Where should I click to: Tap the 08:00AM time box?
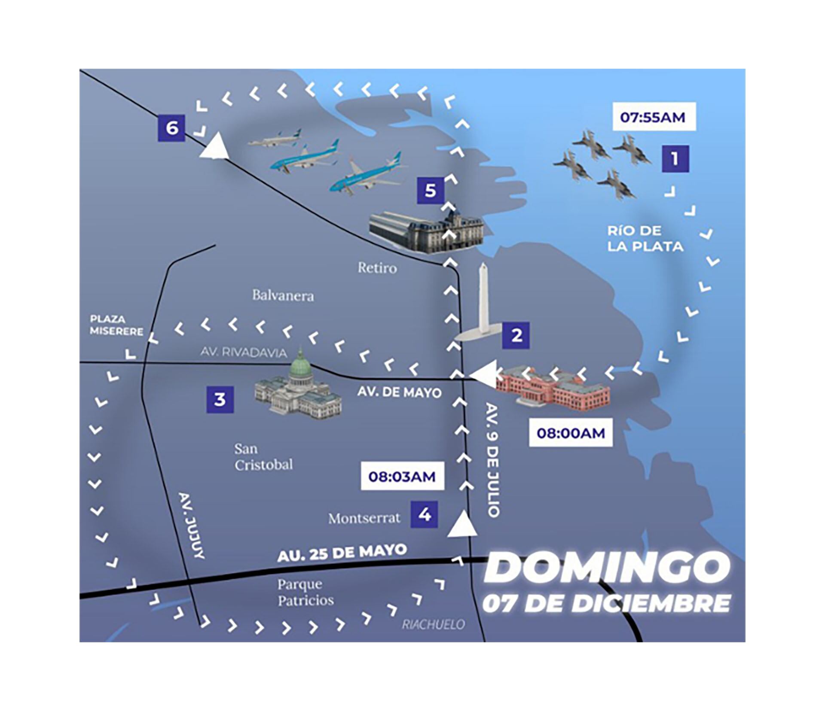[571, 433]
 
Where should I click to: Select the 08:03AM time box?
[402, 476]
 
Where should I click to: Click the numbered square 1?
[675, 159]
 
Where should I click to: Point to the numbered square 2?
[516, 335]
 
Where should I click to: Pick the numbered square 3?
[220, 399]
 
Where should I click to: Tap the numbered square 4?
[424, 514]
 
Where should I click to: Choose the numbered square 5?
[431, 190]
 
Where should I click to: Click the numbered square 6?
[171, 128]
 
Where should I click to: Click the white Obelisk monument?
[483, 301]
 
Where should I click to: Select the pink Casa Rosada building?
[554, 387]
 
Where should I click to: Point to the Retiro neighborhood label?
[377, 268]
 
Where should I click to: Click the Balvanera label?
[283, 295]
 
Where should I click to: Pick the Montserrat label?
[364, 519]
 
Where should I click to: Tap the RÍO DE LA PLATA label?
[645, 239]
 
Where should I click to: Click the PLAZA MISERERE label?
[116, 325]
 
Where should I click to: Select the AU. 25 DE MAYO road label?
[342, 553]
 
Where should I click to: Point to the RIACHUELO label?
[433, 624]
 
